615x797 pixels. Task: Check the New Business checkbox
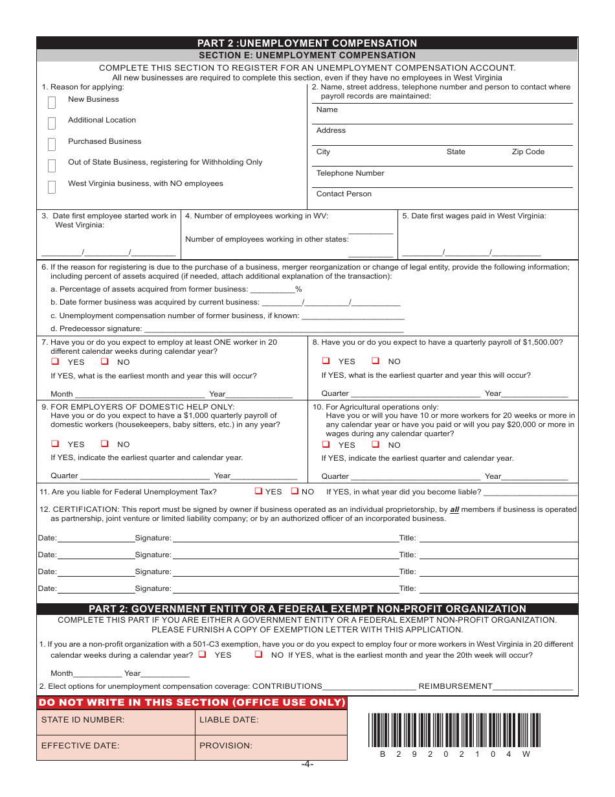coord(52,102)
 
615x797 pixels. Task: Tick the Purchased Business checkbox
coord(52,144)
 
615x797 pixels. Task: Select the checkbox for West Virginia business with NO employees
coord(52,187)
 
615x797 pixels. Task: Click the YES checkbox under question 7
coord(56,362)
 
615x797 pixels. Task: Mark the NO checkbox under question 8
coord(375,361)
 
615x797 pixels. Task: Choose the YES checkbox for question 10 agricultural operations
coord(326,445)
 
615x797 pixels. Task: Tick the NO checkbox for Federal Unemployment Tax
coord(295,491)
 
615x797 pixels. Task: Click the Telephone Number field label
coord(350,173)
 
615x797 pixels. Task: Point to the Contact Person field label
coord(344,194)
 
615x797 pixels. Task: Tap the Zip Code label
coord(528,152)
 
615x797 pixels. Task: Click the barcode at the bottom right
coord(454,730)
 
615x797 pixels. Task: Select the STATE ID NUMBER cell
coord(115,722)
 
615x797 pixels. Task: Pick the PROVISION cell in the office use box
coord(271,747)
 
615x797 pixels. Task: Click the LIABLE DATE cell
coord(271,722)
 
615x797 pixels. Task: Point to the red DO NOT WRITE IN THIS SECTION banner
coord(192,703)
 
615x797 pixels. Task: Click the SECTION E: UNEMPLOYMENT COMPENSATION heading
coord(307,56)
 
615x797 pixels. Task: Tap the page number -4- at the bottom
coord(307,765)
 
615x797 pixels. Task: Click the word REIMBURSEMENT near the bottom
coord(455,686)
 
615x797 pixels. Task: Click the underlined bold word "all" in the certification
coord(454,509)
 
